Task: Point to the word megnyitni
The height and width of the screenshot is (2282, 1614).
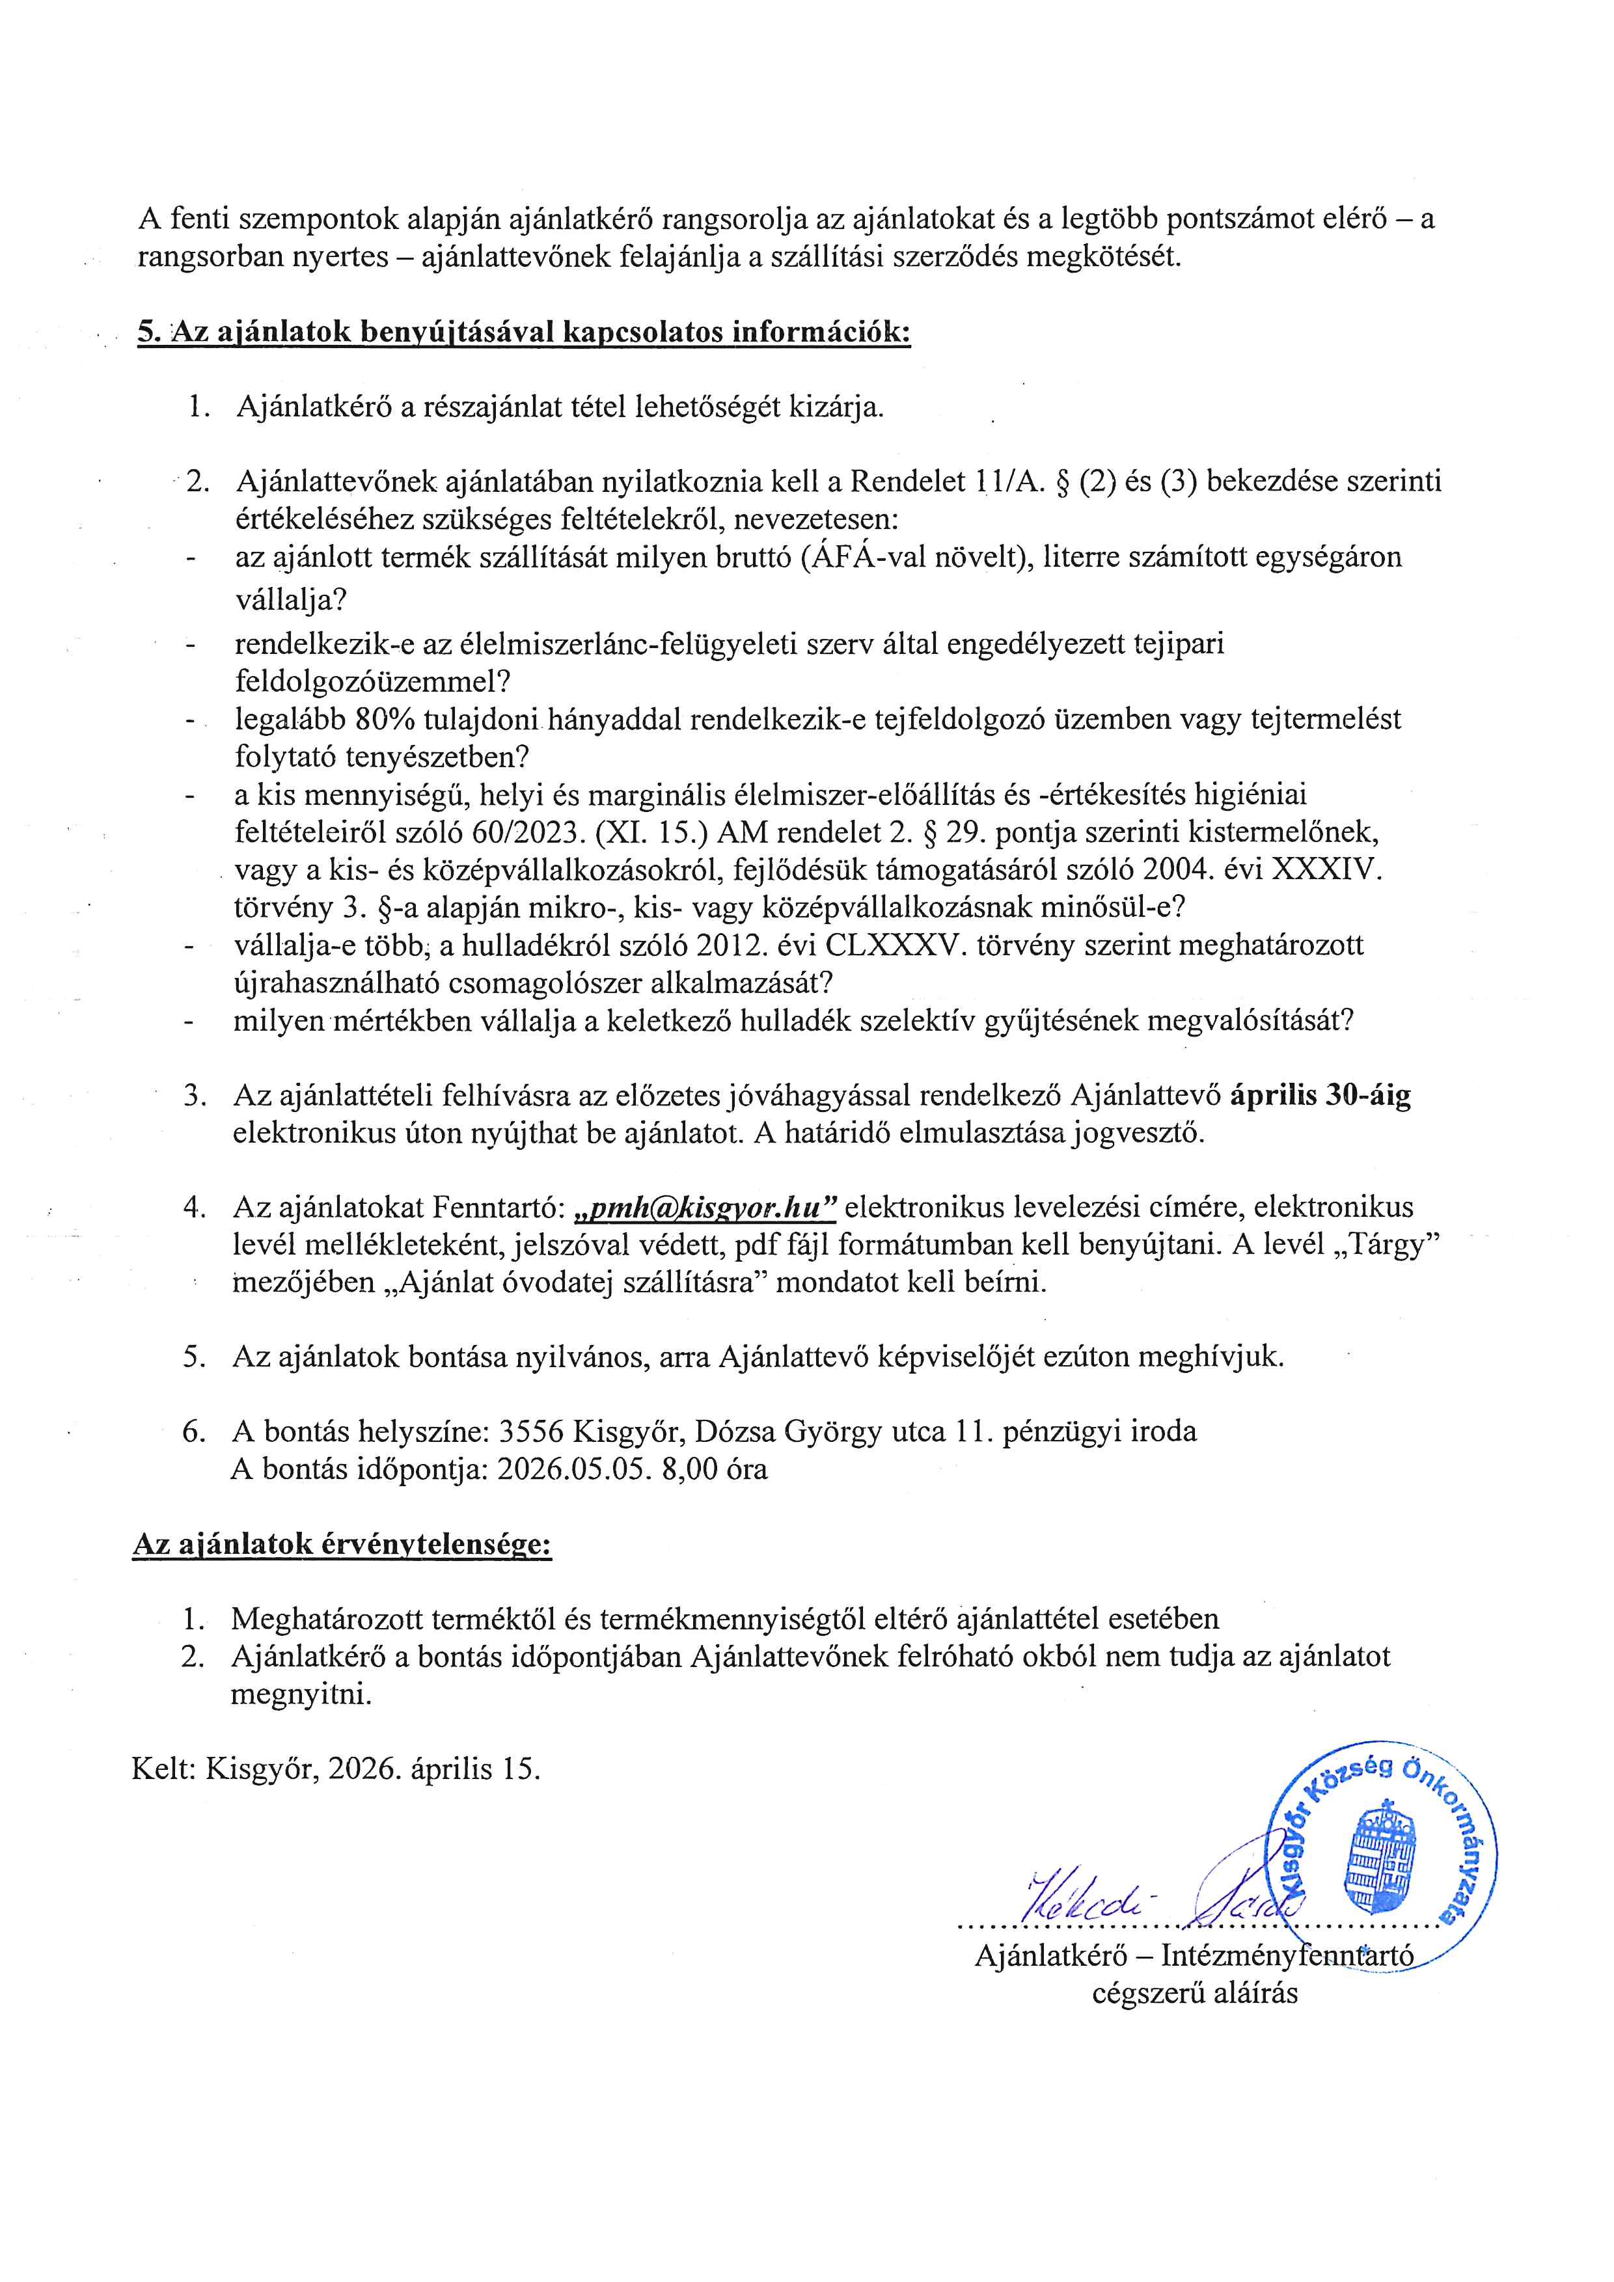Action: coord(301,1694)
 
